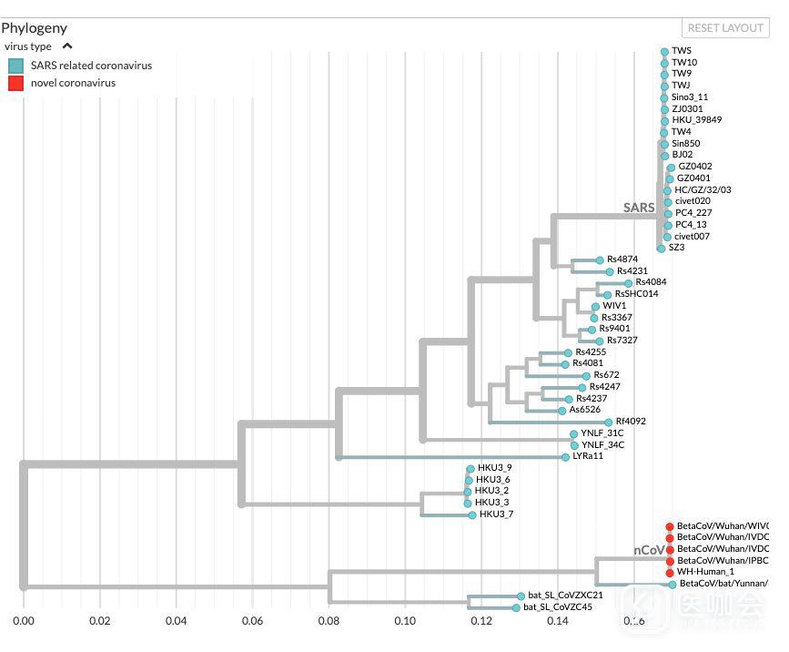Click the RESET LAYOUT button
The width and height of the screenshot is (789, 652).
[725, 28]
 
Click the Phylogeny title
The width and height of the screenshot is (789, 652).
[35, 28]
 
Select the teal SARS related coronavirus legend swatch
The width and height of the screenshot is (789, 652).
[15, 66]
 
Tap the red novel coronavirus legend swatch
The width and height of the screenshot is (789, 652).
[15, 84]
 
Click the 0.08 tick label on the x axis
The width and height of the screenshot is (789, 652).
[329, 621]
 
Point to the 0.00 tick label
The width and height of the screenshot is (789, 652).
[23, 621]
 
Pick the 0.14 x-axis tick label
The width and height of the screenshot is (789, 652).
[557, 621]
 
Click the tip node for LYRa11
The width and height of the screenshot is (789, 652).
[565, 457]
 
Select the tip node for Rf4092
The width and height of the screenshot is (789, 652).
[609, 422]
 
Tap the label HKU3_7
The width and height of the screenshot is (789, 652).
[496, 514]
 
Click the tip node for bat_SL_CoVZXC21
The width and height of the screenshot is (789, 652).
[521, 596]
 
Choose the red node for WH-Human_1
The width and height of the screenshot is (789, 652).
[670, 572]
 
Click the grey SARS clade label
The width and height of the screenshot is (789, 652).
[639, 208]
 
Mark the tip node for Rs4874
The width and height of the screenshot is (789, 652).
[599, 260]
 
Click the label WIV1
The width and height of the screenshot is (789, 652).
[614, 306]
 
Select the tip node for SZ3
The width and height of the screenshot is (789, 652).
[661, 248]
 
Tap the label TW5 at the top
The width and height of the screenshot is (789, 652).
[682, 51]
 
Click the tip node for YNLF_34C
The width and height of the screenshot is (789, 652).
[573, 445]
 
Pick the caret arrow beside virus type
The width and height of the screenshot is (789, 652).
[67, 46]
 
